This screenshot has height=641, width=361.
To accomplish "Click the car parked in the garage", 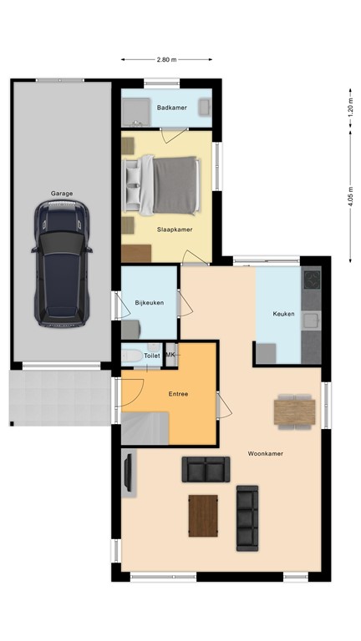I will tap(61, 265).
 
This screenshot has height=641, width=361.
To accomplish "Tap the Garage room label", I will tap(62, 194).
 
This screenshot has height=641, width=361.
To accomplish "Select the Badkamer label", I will tap(170, 108).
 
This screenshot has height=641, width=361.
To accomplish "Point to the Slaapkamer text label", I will tap(174, 228).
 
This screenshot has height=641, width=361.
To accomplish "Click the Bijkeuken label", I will tap(149, 302).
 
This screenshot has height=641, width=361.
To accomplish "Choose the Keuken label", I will tap(283, 314).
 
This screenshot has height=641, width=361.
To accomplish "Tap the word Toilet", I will tap(151, 356).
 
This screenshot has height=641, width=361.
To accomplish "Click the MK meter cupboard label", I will tap(171, 356).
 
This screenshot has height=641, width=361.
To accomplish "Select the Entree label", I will tap(178, 394).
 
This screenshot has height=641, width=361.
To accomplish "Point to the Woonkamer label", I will tap(264, 454).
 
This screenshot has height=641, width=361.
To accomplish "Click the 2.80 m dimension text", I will tap(167, 60).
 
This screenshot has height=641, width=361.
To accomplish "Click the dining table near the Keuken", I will tap(294, 409).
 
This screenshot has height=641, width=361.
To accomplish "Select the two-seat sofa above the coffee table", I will tap(205, 470).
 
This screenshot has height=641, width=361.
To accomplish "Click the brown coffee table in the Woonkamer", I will tap(203, 517).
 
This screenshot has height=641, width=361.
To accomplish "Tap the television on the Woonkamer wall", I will tap(128, 472).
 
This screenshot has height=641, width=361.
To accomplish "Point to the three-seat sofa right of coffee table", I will tap(247, 517).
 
